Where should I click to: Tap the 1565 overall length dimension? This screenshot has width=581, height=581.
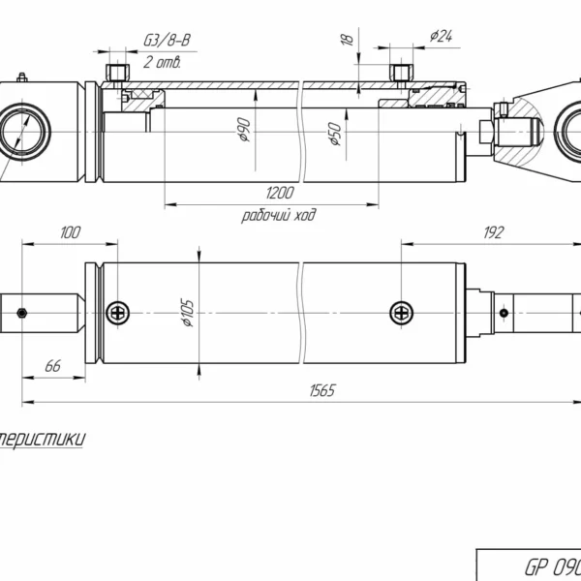click(x=322, y=390)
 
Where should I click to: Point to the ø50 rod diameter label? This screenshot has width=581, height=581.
click(x=335, y=134)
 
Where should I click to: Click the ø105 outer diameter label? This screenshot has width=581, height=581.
click(x=188, y=312)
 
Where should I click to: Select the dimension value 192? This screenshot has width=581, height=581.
click(x=494, y=232)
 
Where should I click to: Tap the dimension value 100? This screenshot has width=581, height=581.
click(x=71, y=232)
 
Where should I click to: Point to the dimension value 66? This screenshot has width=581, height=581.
click(x=53, y=365)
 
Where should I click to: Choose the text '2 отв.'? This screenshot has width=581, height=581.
click(x=162, y=63)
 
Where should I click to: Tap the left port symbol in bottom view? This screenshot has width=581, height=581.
click(x=118, y=312)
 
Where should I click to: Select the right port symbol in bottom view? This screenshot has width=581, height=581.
click(x=401, y=312)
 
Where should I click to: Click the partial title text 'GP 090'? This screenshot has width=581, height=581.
click(x=552, y=566)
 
